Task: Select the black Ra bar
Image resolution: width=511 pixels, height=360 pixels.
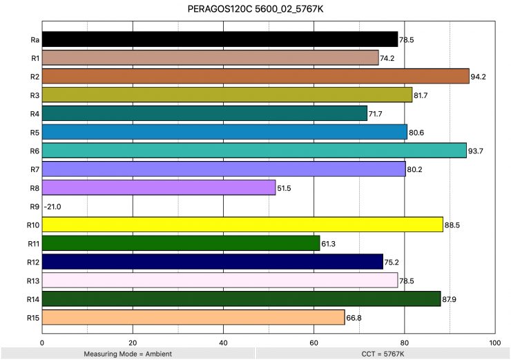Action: [220, 39]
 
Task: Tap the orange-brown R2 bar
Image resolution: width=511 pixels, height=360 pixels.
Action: [256, 76]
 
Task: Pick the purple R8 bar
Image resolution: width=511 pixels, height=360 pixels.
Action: [159, 187]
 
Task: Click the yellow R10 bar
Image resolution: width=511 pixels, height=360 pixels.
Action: [242, 225]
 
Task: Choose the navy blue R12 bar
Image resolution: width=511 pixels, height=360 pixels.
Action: [213, 261]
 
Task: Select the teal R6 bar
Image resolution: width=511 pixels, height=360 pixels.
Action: [254, 150]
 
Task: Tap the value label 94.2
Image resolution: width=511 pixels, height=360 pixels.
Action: [479, 77]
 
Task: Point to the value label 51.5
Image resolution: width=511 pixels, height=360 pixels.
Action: [285, 188]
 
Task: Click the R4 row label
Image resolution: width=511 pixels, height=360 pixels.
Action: [34, 113]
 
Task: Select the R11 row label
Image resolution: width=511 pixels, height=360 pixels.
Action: [32, 243]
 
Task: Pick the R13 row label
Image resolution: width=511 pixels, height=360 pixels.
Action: [32, 280]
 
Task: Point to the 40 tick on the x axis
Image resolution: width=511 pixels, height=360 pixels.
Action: [223, 342]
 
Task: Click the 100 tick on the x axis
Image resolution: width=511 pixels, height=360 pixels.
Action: [494, 342]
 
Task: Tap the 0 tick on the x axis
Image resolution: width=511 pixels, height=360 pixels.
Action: [43, 342]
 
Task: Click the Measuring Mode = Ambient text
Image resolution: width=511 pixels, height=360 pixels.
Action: [127, 354]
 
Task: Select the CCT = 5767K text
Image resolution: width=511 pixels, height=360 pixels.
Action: [383, 354]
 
